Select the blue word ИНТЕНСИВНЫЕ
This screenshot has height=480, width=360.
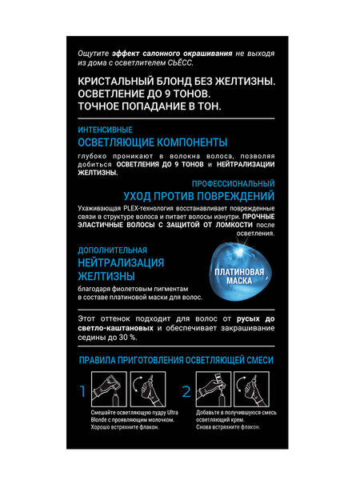tap(105, 130)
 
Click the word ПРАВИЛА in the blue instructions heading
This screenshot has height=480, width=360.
tap(99, 361)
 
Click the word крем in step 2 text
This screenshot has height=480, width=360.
tap(242, 419)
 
